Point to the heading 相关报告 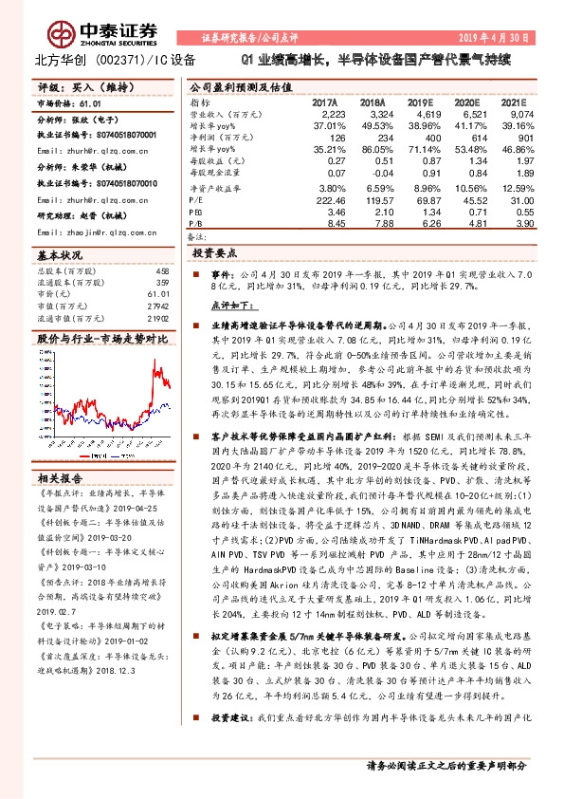coord(60,478)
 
